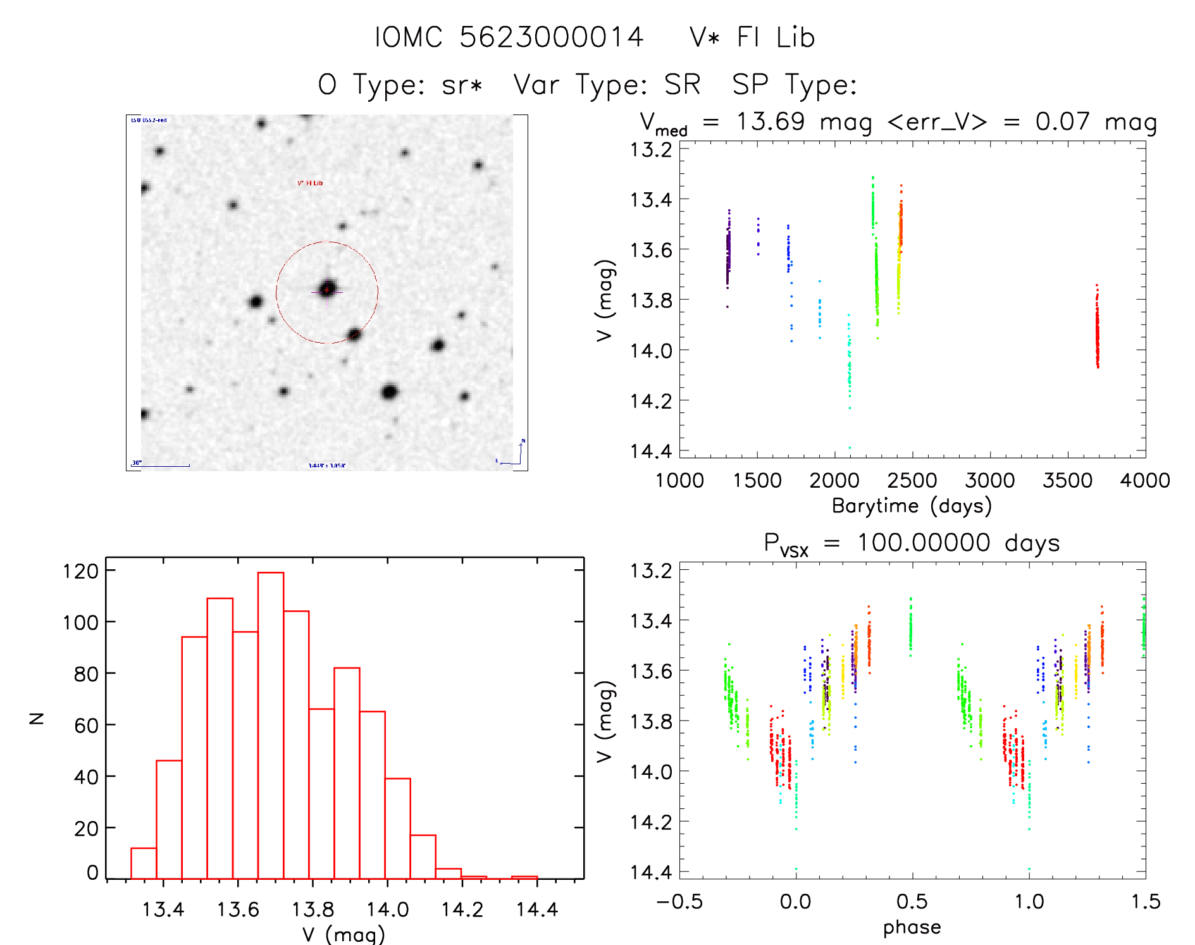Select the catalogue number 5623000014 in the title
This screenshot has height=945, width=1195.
tap(551, 37)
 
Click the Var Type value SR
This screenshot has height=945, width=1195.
tap(682, 85)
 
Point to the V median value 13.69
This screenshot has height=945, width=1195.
tap(770, 121)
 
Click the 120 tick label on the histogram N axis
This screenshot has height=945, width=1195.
tap(80, 571)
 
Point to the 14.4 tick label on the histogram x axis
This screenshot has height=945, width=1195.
tap(537, 910)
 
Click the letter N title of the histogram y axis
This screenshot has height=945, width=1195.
tap(37, 718)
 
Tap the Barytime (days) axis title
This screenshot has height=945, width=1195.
tap(912, 506)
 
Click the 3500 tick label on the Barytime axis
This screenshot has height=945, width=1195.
tap(1067, 481)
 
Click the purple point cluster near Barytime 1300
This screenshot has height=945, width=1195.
tap(728, 253)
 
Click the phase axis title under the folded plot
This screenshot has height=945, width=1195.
tap(912, 927)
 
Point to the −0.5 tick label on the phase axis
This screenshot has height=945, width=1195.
tap(679, 901)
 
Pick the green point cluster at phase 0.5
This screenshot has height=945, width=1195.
tap(911, 626)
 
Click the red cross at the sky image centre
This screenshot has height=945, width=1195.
tap(326, 290)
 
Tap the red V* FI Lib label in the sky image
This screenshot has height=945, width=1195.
tap(310, 183)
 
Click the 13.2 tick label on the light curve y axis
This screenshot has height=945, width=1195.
tap(650, 150)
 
